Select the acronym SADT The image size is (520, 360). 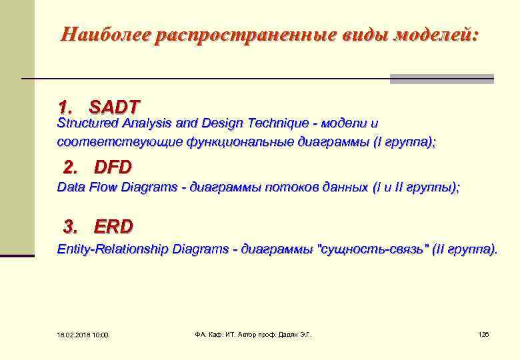coord(115,107)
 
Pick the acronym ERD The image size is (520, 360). coord(113,227)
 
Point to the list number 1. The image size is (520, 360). coord(65,107)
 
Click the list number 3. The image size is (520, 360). coord(70,227)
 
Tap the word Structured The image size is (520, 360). coord(87,123)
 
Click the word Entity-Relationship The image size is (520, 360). coord(113,249)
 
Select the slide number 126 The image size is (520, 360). coord(483,334)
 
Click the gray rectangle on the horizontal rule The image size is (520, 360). coord(441,79)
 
